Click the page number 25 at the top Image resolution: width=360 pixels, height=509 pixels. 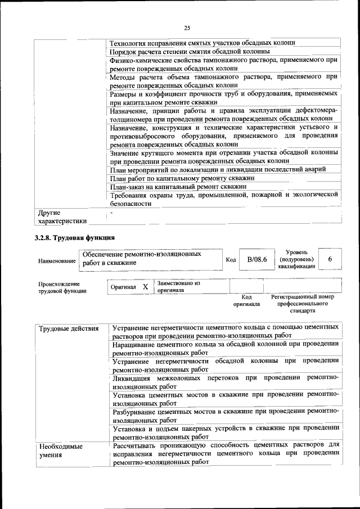click(x=187, y=28)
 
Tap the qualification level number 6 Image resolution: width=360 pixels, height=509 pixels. click(x=330, y=259)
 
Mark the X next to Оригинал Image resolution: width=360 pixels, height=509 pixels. click(x=145, y=287)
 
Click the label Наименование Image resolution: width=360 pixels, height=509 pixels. click(x=57, y=260)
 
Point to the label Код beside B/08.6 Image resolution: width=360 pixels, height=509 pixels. click(x=231, y=260)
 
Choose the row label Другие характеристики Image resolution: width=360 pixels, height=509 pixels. click(x=62, y=217)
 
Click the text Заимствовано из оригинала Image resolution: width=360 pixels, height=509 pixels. click(x=178, y=287)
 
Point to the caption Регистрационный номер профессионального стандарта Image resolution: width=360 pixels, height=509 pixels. click(x=302, y=304)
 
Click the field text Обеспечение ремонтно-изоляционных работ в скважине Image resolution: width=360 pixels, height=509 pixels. click(x=141, y=259)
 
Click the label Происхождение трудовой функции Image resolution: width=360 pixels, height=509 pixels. click(x=62, y=287)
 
